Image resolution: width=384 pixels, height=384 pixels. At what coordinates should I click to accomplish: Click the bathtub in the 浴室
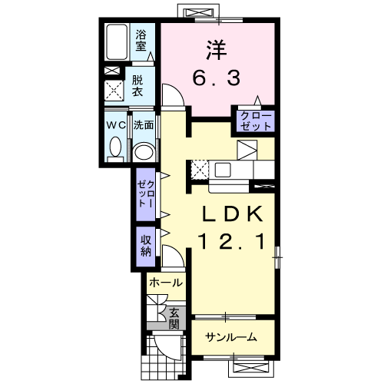pyautogui.click(x=117, y=42)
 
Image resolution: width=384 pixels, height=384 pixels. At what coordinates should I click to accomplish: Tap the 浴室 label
pyautogui.click(x=141, y=41)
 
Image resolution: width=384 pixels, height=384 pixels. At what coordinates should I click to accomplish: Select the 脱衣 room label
pyautogui.click(x=137, y=86)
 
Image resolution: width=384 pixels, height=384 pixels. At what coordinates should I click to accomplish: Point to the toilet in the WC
pyautogui.click(x=115, y=149)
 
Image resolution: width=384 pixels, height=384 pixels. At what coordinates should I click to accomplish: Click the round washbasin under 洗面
pyautogui.click(x=144, y=152)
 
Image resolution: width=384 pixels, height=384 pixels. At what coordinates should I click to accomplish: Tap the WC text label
pyautogui.click(x=116, y=125)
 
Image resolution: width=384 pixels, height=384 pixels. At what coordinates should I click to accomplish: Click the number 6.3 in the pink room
pyautogui.click(x=217, y=78)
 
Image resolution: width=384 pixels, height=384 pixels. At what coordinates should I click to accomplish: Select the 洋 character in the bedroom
pyautogui.click(x=217, y=50)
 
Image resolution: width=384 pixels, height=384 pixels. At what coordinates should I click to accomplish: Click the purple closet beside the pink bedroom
pyautogui.click(x=256, y=121)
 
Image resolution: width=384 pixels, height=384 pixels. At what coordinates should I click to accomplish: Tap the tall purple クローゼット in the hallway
pyautogui.click(x=146, y=194)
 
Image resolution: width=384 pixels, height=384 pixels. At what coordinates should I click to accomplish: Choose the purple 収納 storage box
pyautogui.click(x=146, y=247)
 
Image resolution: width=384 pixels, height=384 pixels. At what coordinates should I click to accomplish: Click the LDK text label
pyautogui.click(x=233, y=214)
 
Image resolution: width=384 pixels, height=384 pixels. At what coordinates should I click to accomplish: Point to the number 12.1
pyautogui.click(x=232, y=242)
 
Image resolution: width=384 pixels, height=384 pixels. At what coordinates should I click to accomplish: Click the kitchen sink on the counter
pyautogui.click(x=223, y=170)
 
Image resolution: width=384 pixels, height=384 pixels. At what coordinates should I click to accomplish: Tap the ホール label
pyautogui.click(x=166, y=283)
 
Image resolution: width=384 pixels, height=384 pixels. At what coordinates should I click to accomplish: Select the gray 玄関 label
pyautogui.click(x=174, y=319)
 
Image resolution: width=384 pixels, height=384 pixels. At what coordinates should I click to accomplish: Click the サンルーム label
pyautogui.click(x=231, y=337)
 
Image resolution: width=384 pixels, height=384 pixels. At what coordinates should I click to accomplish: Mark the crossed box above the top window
pyautogui.click(x=199, y=12)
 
